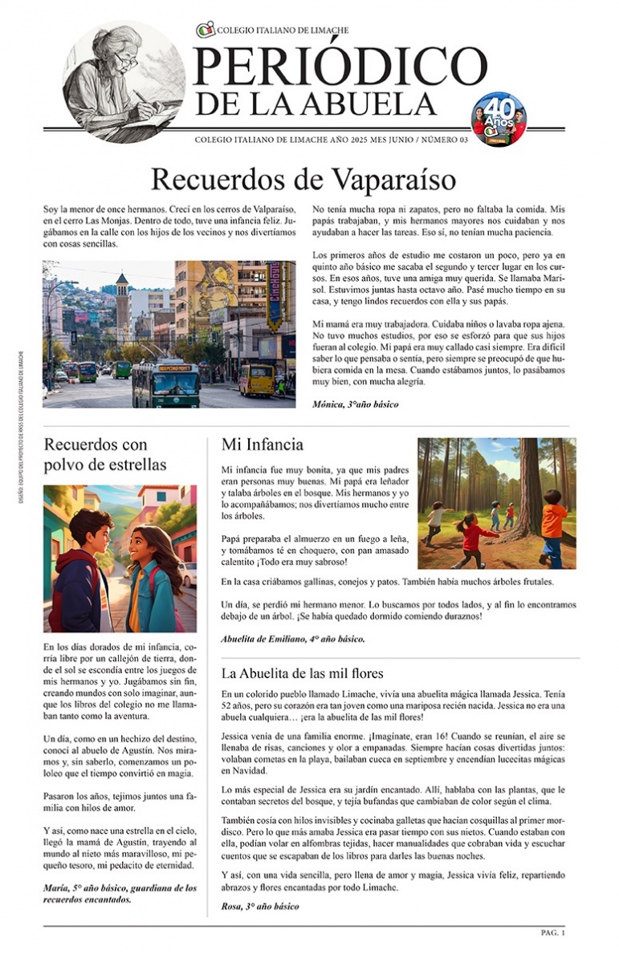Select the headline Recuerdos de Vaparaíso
pos(303,179)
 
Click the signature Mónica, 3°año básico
pos(355,404)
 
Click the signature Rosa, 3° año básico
pos(259,906)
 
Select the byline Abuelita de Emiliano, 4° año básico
pos(292,639)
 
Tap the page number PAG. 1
pos(552,933)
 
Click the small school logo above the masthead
pos(206,30)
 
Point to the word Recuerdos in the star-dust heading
pos(85,444)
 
